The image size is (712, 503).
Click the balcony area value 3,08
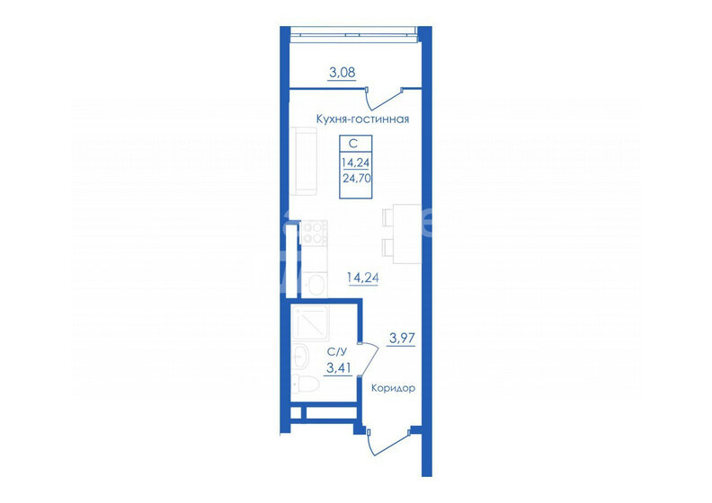click(x=342, y=72)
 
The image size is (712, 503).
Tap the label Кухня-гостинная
click(x=362, y=119)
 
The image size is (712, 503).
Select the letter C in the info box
click(x=352, y=144)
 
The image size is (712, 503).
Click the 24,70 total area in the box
click(x=357, y=178)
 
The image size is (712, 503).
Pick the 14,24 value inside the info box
click(x=355, y=162)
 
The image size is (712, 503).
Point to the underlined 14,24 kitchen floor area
click(x=363, y=278)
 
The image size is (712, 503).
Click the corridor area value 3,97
click(x=403, y=338)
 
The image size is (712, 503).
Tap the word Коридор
click(x=393, y=388)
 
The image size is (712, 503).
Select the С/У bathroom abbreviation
click(x=337, y=351)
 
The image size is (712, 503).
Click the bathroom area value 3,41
click(x=339, y=368)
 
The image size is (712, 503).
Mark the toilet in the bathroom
click(x=305, y=384)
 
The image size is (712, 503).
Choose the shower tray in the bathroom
click(x=310, y=322)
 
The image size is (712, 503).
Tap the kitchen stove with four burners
click(x=314, y=233)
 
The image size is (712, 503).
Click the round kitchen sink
click(x=314, y=284)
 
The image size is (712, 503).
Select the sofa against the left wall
click(x=303, y=161)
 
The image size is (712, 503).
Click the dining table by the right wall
click(x=407, y=234)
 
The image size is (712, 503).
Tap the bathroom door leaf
click(x=369, y=358)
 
